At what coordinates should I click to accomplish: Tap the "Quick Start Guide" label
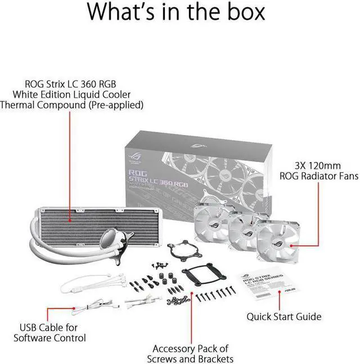coord(284,317)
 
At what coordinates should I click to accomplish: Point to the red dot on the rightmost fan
coord(290,246)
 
